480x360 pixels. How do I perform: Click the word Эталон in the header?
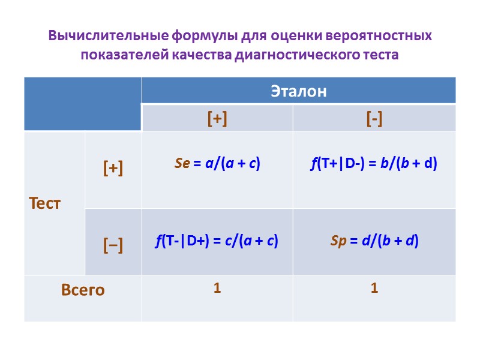(x=299, y=92)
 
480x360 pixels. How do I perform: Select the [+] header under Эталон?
(x=217, y=119)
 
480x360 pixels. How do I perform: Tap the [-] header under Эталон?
(x=374, y=119)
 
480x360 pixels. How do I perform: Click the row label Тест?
(x=45, y=203)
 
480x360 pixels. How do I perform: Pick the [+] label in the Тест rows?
(x=113, y=169)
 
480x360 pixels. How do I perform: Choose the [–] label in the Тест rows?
(x=113, y=245)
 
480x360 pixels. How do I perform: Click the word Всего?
(x=83, y=290)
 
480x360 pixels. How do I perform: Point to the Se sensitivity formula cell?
(x=217, y=163)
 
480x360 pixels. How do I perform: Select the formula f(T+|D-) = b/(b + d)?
(x=374, y=163)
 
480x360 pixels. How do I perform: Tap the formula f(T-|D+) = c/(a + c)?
(x=217, y=241)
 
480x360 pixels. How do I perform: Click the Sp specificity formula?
(x=374, y=241)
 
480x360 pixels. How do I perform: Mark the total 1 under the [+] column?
(x=217, y=289)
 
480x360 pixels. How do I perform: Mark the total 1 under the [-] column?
(x=374, y=289)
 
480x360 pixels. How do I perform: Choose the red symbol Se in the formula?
(x=182, y=163)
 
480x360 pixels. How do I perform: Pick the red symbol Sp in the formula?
(x=339, y=241)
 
